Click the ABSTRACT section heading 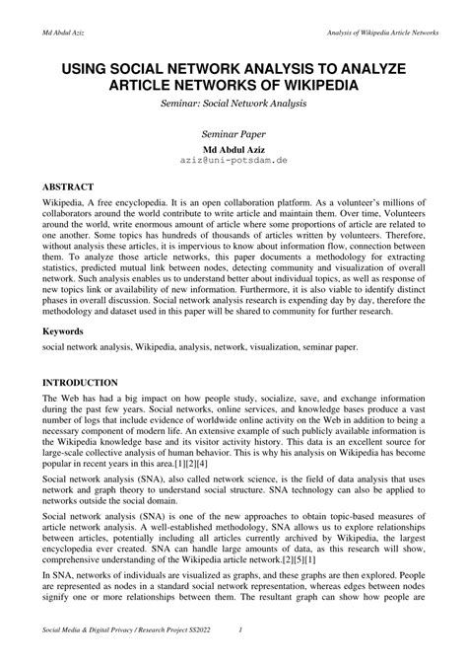pyautogui.click(x=68, y=185)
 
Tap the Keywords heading pyautogui.click(x=63, y=332)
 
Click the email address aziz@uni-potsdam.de pyautogui.click(x=233, y=159)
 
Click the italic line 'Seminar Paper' pyautogui.click(x=233, y=132)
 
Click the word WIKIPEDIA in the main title pyautogui.click(x=314, y=86)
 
